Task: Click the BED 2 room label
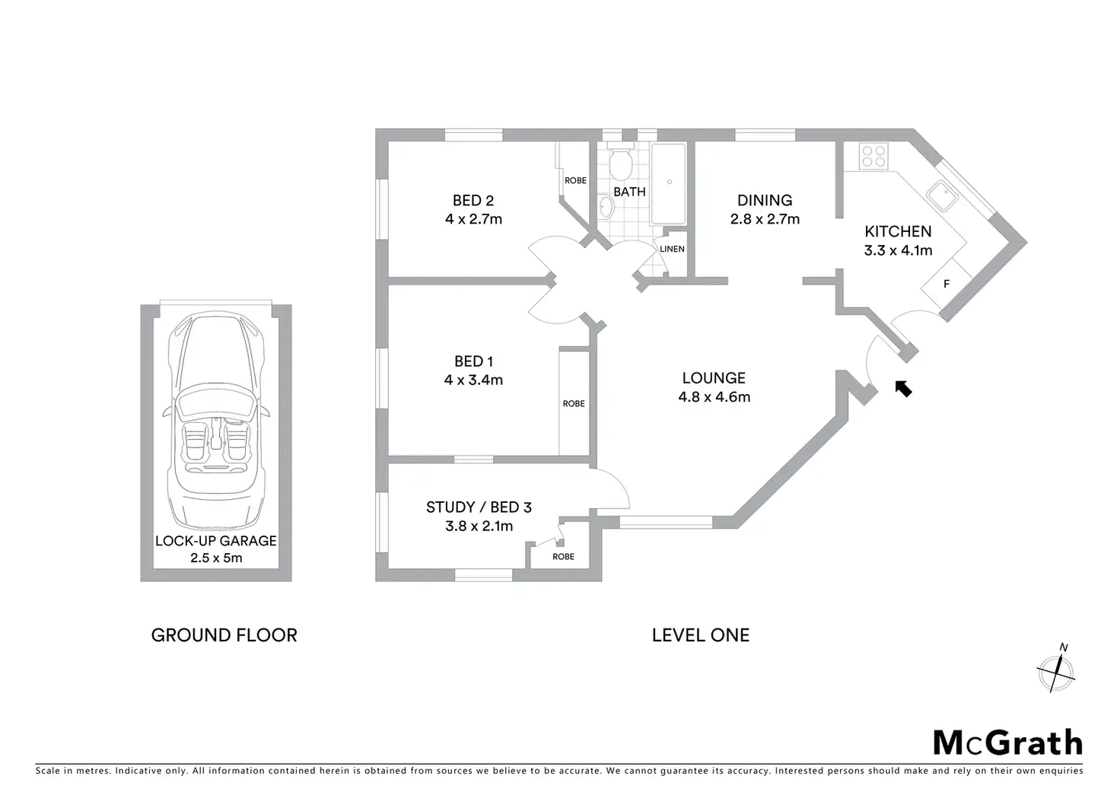point(473,201)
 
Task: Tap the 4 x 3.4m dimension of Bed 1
point(473,380)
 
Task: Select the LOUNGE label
point(714,378)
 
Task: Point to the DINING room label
point(765,201)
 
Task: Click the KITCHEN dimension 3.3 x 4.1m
point(898,250)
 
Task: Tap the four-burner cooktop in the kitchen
point(873,156)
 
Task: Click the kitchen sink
point(942,196)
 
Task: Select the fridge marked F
point(947,284)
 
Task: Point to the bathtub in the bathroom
point(668,183)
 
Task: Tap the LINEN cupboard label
point(672,249)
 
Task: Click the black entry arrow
point(903,389)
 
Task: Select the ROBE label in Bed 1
point(574,403)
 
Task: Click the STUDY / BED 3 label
point(479,507)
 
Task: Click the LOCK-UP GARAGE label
point(215,541)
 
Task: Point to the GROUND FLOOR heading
point(224,635)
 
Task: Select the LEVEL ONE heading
point(701,635)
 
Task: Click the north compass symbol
point(1056,672)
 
